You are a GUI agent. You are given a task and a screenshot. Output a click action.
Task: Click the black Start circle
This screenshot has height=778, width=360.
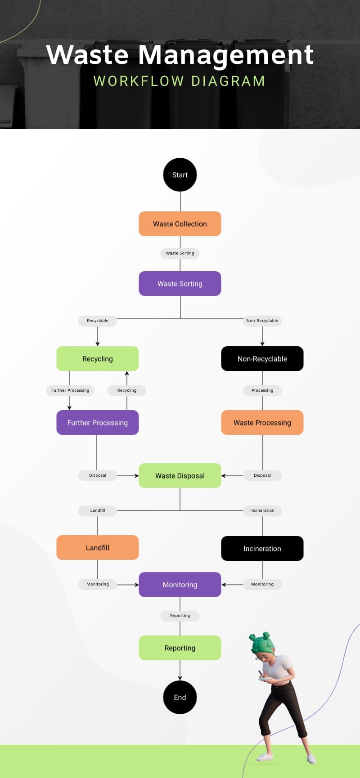tap(180, 175)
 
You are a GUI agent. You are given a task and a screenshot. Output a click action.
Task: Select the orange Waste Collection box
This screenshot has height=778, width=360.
tap(180, 224)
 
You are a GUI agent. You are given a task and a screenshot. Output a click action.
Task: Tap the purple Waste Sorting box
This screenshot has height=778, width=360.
tap(180, 284)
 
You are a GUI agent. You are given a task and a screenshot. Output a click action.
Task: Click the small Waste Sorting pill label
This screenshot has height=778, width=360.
tap(180, 253)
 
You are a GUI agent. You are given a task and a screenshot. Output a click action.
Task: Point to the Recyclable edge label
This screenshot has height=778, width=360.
tap(98, 321)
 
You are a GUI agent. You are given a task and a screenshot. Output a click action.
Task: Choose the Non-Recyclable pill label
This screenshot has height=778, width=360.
tap(262, 321)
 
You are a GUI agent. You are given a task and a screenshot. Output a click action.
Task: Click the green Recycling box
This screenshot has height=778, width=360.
tap(98, 359)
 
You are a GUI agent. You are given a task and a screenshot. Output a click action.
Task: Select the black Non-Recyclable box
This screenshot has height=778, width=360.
tap(262, 359)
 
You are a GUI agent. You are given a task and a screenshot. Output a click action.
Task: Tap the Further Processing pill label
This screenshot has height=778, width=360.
tap(70, 390)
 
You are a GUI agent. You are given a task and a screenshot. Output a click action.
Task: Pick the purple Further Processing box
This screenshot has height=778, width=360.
tap(98, 423)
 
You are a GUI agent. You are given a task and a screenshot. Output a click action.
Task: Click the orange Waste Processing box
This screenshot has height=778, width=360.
tap(262, 423)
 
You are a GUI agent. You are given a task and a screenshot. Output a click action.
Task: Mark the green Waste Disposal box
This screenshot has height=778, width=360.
tap(180, 476)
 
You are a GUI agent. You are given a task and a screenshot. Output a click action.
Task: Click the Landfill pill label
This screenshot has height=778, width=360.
tap(98, 510)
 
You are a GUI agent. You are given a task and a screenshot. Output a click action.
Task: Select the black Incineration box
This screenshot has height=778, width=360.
tap(262, 549)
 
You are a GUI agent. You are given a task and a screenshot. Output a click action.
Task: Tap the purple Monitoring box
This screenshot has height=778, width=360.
tap(180, 585)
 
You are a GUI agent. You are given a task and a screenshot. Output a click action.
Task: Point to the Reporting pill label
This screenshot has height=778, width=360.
tap(180, 616)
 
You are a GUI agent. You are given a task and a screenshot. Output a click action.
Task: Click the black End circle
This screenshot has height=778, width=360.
tap(180, 698)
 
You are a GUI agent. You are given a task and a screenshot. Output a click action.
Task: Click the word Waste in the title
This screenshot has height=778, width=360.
tap(88, 55)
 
